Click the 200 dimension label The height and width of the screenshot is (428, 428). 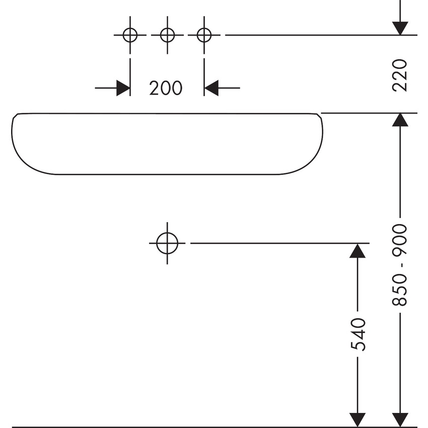[166, 88]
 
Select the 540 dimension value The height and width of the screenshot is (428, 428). [357, 334]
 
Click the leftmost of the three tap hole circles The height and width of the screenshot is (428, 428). [130, 35]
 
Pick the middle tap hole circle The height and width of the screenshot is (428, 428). [167, 35]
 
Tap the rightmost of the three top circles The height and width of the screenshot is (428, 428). [204, 35]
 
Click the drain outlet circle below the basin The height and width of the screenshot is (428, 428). [167, 243]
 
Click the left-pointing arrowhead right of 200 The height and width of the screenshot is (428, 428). [211, 88]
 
